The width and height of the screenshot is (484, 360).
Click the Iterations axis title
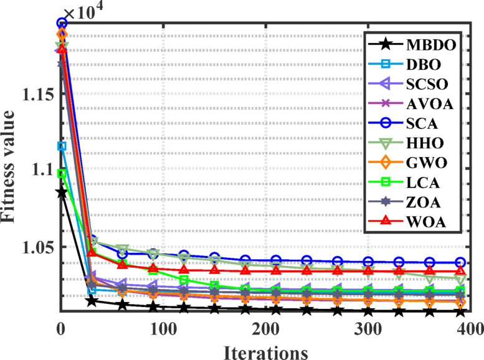pyautogui.click(x=265, y=350)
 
